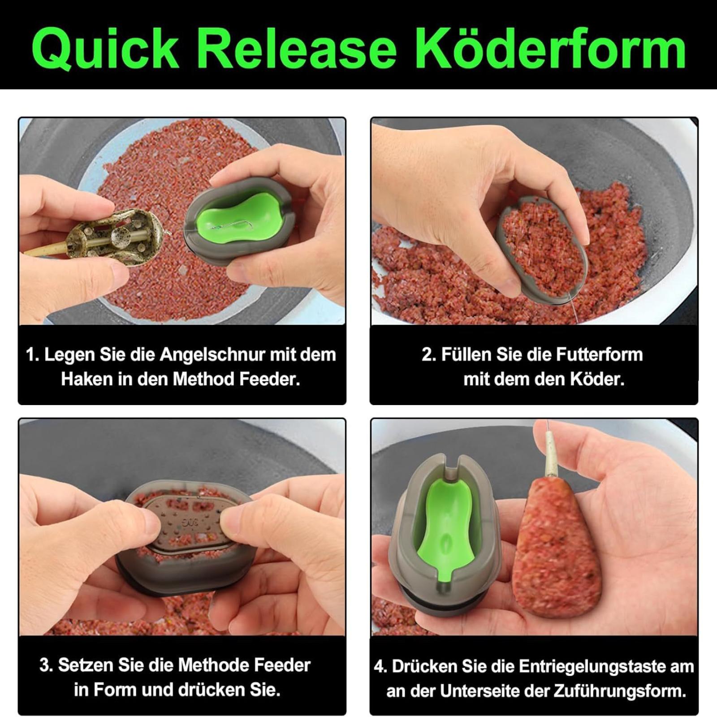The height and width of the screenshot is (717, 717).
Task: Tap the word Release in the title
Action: pos(297,48)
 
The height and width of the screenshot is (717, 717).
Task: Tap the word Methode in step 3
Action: pos(208,665)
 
